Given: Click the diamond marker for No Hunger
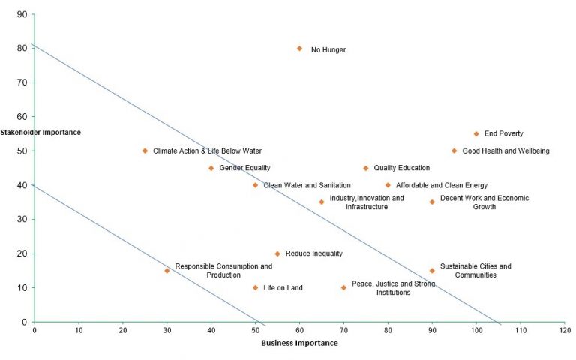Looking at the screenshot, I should click(299, 48).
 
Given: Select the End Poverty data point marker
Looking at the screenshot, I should click(476, 134).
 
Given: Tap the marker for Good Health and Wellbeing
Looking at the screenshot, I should click(454, 151).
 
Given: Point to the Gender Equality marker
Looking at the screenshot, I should click(211, 168).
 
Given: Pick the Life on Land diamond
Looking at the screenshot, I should click(255, 287).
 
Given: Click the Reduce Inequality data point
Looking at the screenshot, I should click(277, 253).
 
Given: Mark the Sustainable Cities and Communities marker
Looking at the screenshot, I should click(432, 271).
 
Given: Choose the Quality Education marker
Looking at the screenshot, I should click(366, 168).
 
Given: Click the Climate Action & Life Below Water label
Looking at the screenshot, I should click(207, 151).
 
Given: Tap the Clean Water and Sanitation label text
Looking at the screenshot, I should click(307, 185).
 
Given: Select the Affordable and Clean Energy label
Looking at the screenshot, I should click(442, 185).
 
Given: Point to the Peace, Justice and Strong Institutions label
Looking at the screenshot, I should click(393, 288).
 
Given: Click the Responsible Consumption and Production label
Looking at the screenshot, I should click(223, 271).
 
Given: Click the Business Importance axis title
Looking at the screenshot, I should click(299, 343).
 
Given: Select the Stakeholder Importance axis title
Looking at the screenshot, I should click(40, 133).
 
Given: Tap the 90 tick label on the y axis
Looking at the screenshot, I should click(22, 14).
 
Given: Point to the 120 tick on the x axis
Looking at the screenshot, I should click(565, 329).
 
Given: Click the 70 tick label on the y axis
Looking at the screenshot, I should click(22, 82).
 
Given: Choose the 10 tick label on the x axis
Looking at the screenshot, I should click(78, 329).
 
